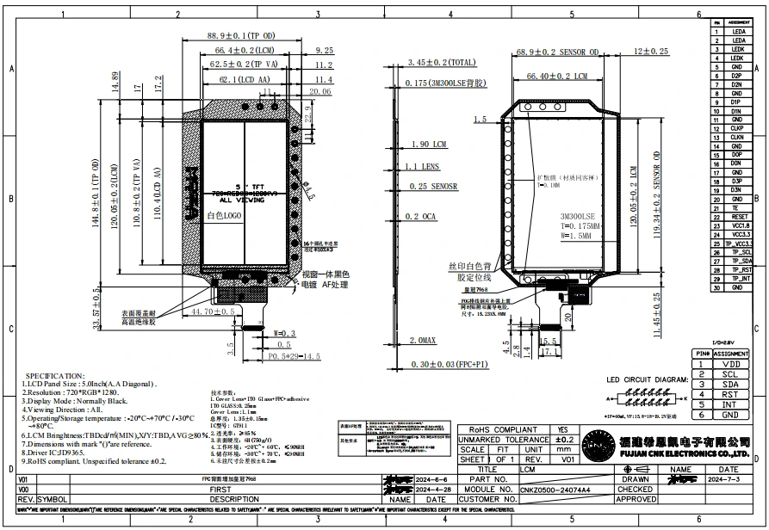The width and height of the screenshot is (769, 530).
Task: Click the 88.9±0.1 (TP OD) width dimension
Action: [x=241, y=36]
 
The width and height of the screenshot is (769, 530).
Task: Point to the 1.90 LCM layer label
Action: [x=428, y=144]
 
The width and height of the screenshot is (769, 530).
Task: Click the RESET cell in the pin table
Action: [x=737, y=218]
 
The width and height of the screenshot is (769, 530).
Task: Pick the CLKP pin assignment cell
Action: [x=737, y=128]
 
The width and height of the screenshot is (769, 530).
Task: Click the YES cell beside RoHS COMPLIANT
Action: [x=563, y=429]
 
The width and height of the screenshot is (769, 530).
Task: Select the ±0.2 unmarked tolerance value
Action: [x=563, y=440]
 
